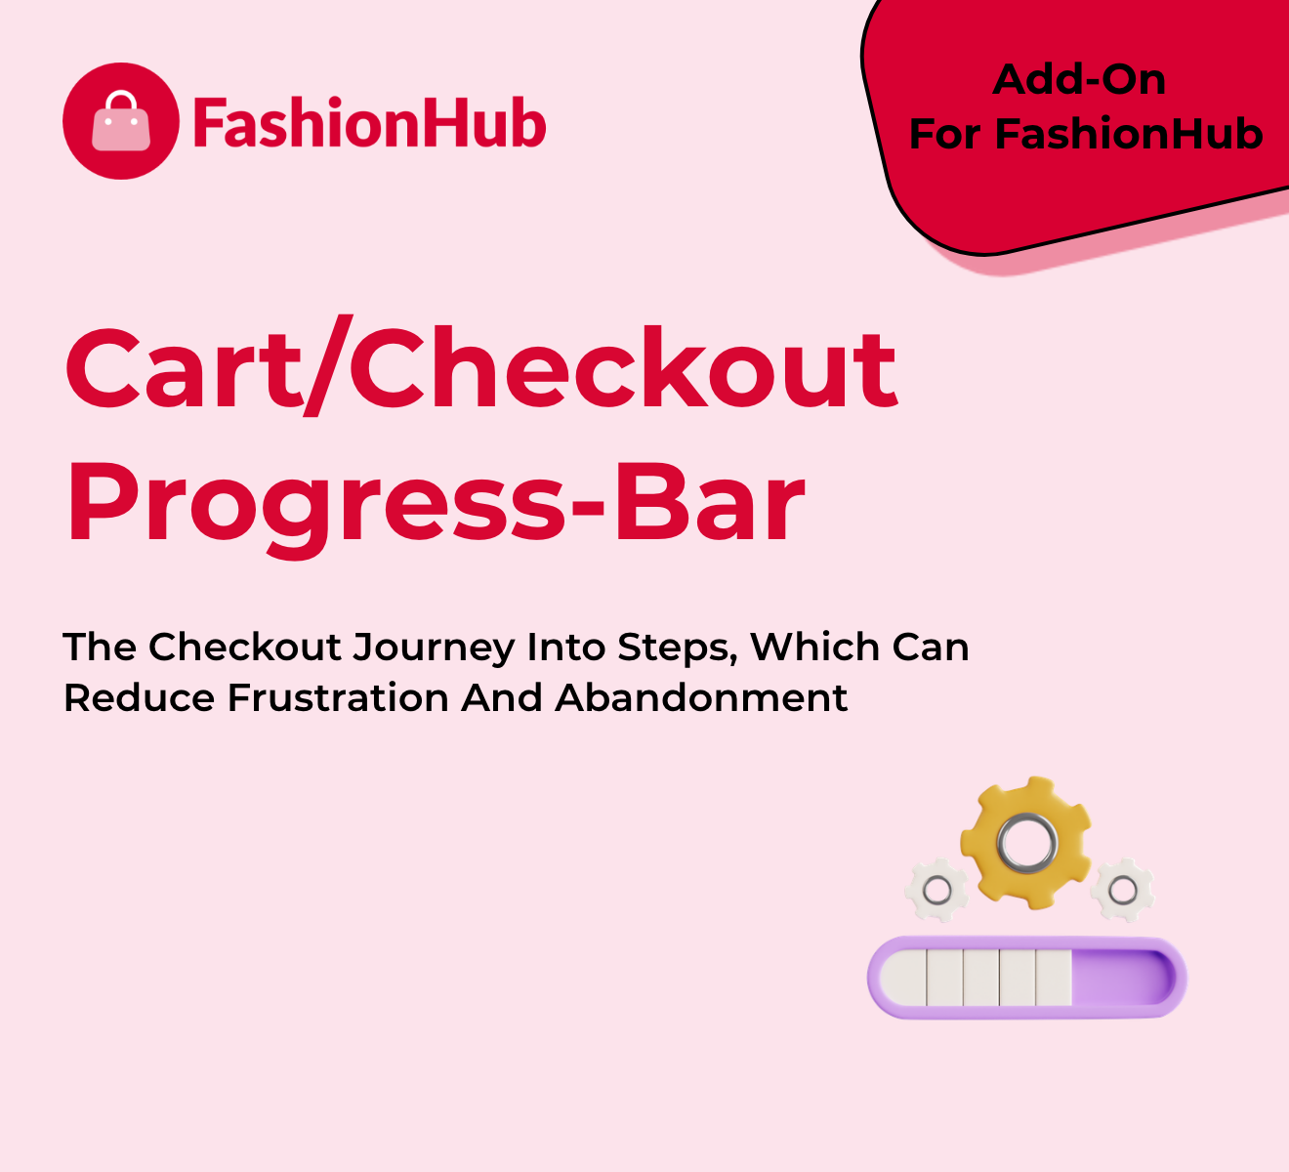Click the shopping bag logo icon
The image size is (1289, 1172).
click(x=121, y=121)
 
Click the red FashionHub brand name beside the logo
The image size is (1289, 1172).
click(x=369, y=122)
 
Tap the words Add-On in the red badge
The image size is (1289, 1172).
click(x=1079, y=80)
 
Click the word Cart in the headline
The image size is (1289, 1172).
click(x=184, y=369)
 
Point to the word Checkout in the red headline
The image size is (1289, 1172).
click(x=623, y=366)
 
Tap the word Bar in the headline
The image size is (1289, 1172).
click(x=709, y=502)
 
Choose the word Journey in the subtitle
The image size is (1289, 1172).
click(x=434, y=649)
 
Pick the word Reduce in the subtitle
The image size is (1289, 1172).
click(x=139, y=697)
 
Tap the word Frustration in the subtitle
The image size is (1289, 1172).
click(x=338, y=697)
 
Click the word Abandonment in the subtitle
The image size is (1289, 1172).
click(x=702, y=697)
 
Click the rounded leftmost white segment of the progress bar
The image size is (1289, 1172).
click(x=903, y=978)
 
